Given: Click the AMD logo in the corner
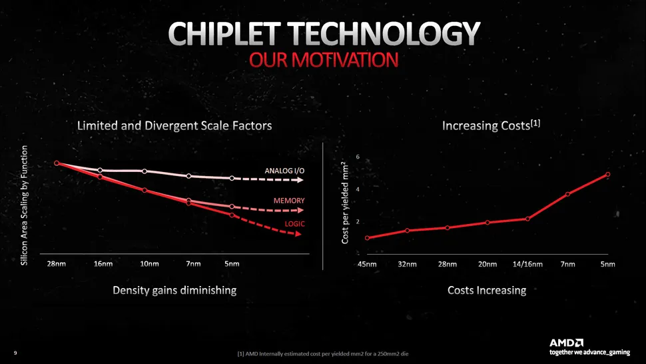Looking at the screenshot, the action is click(x=567, y=343).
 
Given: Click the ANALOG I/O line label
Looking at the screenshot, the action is click(x=284, y=171).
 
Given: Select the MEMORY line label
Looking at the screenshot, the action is click(x=289, y=201).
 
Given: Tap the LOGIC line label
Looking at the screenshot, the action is click(x=294, y=224).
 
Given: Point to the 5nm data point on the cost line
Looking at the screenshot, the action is click(x=607, y=175).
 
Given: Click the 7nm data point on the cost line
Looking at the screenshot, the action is click(x=567, y=194).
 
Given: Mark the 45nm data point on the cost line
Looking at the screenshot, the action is click(x=367, y=238).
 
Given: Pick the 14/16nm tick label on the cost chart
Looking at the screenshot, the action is click(x=527, y=264).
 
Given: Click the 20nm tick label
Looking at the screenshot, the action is click(x=487, y=264).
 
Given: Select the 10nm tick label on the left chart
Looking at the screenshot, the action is click(x=149, y=264).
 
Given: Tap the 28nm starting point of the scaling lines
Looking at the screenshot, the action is click(x=57, y=163).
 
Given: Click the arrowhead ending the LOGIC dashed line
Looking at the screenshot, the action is click(x=298, y=234).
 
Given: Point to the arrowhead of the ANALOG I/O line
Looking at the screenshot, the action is click(x=300, y=180).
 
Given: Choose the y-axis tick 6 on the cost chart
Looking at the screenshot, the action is click(x=358, y=157).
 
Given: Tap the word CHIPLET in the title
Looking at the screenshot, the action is click(x=224, y=34).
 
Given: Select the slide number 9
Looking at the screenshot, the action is click(x=15, y=353).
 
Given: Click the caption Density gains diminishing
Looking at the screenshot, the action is click(x=174, y=290).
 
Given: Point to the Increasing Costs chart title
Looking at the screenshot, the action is click(x=491, y=125).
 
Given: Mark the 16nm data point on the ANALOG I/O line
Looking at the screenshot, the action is click(x=100, y=170).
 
